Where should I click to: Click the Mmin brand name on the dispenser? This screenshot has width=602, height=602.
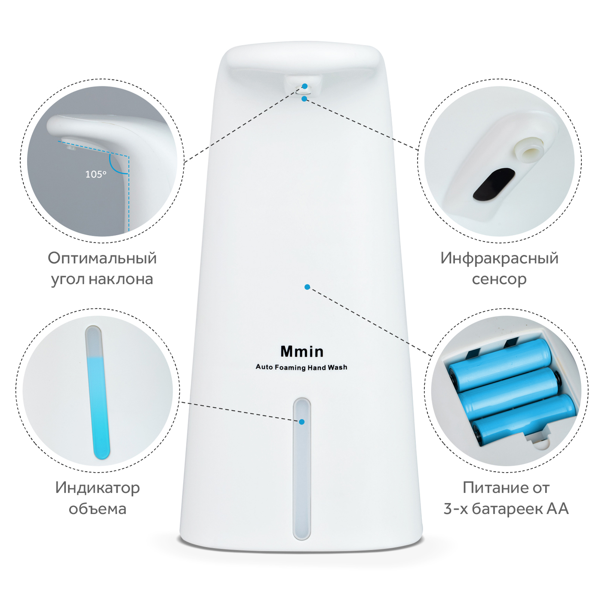[302, 351]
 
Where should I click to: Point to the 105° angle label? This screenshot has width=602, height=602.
[96, 174]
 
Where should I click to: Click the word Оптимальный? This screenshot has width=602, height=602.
[102, 258]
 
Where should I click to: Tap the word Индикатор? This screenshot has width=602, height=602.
[98, 488]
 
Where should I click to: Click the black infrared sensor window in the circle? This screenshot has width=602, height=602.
[494, 184]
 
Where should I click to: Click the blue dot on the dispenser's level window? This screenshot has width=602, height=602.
[301, 422]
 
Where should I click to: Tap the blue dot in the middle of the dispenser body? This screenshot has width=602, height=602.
[307, 287]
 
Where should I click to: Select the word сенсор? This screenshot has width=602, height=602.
[499, 279]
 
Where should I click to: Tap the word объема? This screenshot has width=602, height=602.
[98, 509]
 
